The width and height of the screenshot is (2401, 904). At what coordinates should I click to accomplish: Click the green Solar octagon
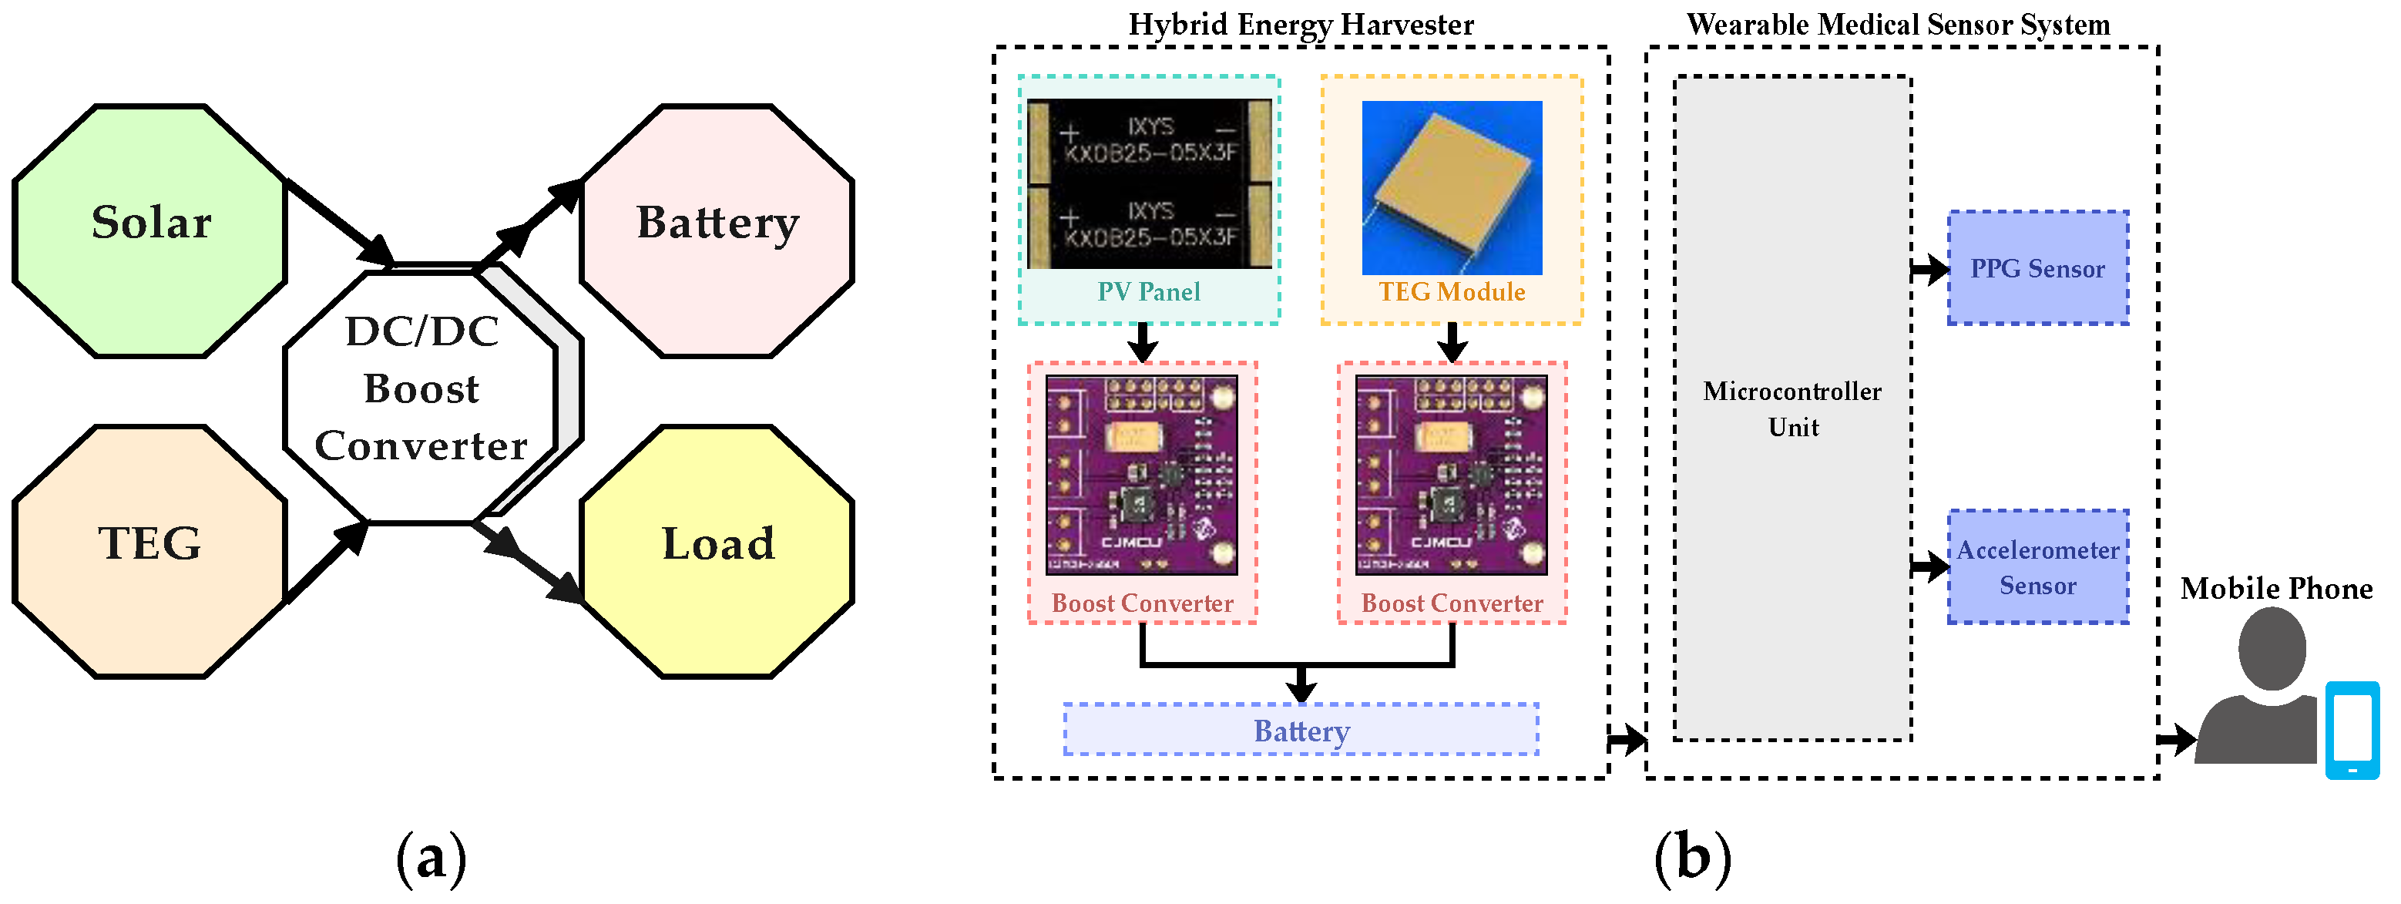149,230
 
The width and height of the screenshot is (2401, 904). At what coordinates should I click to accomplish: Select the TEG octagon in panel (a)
149,551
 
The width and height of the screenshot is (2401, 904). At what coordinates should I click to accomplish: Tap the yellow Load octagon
717,551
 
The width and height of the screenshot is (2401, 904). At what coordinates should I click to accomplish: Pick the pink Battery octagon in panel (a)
717,230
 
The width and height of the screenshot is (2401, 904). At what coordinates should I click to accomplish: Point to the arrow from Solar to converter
341,223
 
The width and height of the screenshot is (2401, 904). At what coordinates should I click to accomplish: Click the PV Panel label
1148,292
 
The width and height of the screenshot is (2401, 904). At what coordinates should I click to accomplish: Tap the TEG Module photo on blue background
1451,187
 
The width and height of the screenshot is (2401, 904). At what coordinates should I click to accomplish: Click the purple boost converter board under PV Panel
1142,475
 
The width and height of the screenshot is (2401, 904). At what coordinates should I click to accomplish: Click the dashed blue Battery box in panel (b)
1301,730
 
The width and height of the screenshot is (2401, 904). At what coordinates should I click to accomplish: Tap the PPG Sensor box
2037,268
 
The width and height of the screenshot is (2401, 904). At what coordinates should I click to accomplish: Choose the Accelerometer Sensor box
2037,566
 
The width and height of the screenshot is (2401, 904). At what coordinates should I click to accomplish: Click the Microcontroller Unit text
1792,409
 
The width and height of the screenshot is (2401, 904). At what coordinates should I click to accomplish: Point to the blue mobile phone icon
2352,730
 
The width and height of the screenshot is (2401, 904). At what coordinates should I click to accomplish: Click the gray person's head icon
2272,647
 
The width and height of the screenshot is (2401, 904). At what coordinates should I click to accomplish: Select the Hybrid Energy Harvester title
1301,24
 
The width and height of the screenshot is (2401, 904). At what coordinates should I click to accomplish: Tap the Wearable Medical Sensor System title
1898,24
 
